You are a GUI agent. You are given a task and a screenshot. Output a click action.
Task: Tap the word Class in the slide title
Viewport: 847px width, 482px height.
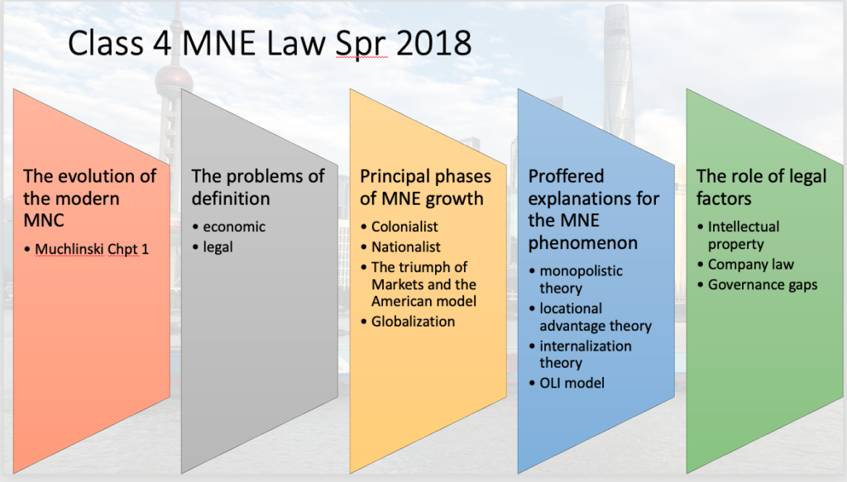[x=105, y=43]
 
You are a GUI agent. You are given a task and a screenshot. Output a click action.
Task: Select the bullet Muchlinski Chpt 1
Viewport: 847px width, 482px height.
[x=91, y=249]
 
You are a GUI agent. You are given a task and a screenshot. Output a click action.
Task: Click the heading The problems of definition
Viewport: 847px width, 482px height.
[x=258, y=187]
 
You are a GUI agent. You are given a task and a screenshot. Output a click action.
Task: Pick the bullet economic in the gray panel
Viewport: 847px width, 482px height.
[x=234, y=227]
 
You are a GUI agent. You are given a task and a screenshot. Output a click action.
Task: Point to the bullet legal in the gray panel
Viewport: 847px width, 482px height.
[x=218, y=247]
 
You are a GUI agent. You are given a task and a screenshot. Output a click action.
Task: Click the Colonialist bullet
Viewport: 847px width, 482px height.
[x=404, y=227]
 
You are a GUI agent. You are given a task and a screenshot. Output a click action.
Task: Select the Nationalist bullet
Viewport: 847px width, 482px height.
[x=405, y=246]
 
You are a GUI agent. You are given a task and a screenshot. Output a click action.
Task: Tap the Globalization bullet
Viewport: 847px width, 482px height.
[x=413, y=321]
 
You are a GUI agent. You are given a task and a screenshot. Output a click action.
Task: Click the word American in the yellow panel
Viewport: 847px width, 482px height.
[x=400, y=301]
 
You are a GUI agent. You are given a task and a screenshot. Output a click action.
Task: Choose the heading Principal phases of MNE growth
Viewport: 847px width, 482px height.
[x=425, y=187]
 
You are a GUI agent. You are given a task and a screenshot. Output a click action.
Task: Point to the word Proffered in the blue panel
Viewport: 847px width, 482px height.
[x=566, y=176]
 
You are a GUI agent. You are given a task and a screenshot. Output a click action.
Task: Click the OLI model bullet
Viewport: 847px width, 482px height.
[x=572, y=383]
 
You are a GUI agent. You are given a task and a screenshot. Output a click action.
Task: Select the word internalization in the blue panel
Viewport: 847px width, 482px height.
[x=585, y=346]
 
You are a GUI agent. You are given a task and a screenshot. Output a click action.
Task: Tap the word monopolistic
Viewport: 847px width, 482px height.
[x=581, y=271]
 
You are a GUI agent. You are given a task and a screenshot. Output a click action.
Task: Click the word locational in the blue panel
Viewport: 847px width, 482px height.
[x=571, y=308]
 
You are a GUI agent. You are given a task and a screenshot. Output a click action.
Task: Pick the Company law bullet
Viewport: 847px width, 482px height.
[x=751, y=265]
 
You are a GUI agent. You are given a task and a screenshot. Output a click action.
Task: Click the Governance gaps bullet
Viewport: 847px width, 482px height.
[x=762, y=285]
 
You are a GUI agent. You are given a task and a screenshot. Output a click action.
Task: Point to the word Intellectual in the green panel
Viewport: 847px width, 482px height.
[x=744, y=227]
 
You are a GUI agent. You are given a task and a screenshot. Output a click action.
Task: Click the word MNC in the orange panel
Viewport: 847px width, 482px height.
[x=44, y=220]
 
